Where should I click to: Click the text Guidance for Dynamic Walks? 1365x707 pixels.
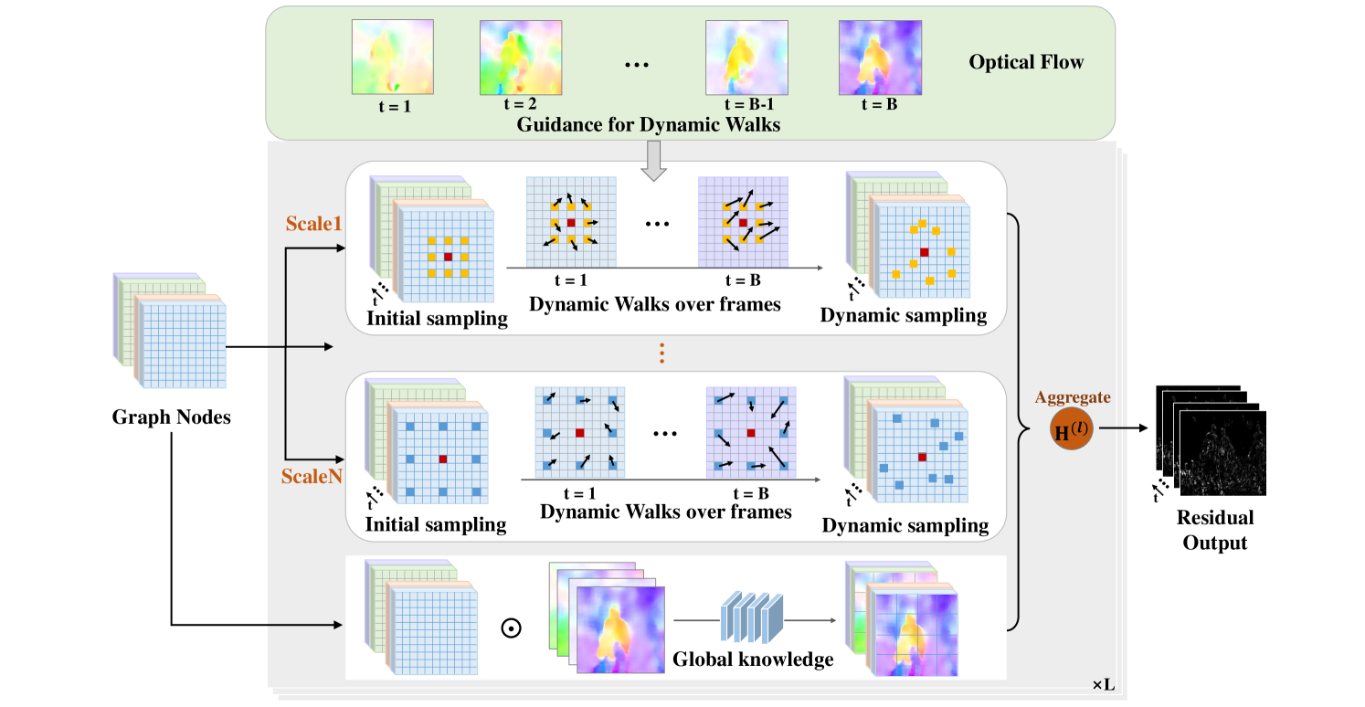click(649, 124)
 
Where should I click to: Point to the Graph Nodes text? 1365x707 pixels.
click(171, 417)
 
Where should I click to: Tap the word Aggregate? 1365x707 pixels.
click(1073, 396)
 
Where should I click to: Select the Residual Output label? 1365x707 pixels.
click(1214, 530)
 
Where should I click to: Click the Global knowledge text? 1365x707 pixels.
click(753, 659)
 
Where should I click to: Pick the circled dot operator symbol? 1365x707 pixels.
click(513, 628)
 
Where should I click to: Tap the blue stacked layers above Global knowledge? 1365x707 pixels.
click(752, 614)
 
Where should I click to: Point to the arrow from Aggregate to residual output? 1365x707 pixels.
click(1124, 427)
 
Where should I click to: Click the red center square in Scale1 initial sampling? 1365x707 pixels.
click(448, 258)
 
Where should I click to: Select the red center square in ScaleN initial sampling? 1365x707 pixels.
click(442, 459)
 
